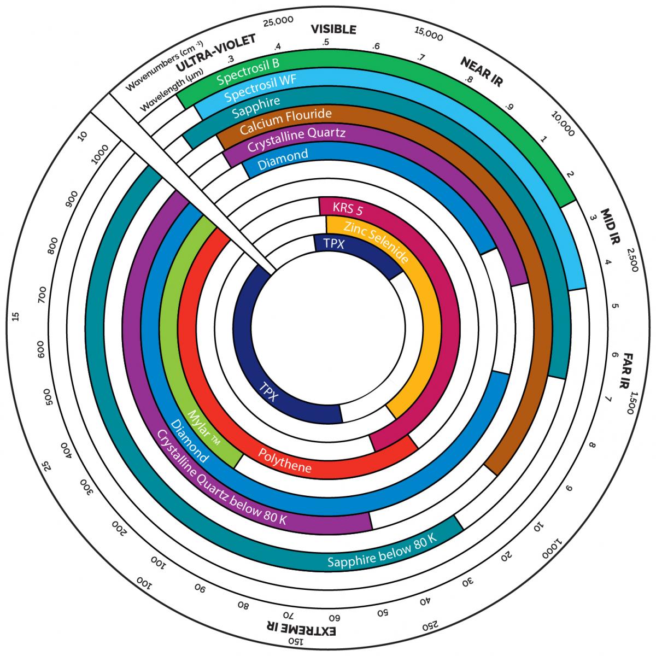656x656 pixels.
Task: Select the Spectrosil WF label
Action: pos(260,88)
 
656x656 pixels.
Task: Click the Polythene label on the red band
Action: pos(285,460)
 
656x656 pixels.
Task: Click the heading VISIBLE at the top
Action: pos(333,30)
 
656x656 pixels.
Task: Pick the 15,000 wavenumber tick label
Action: pos(429,34)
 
